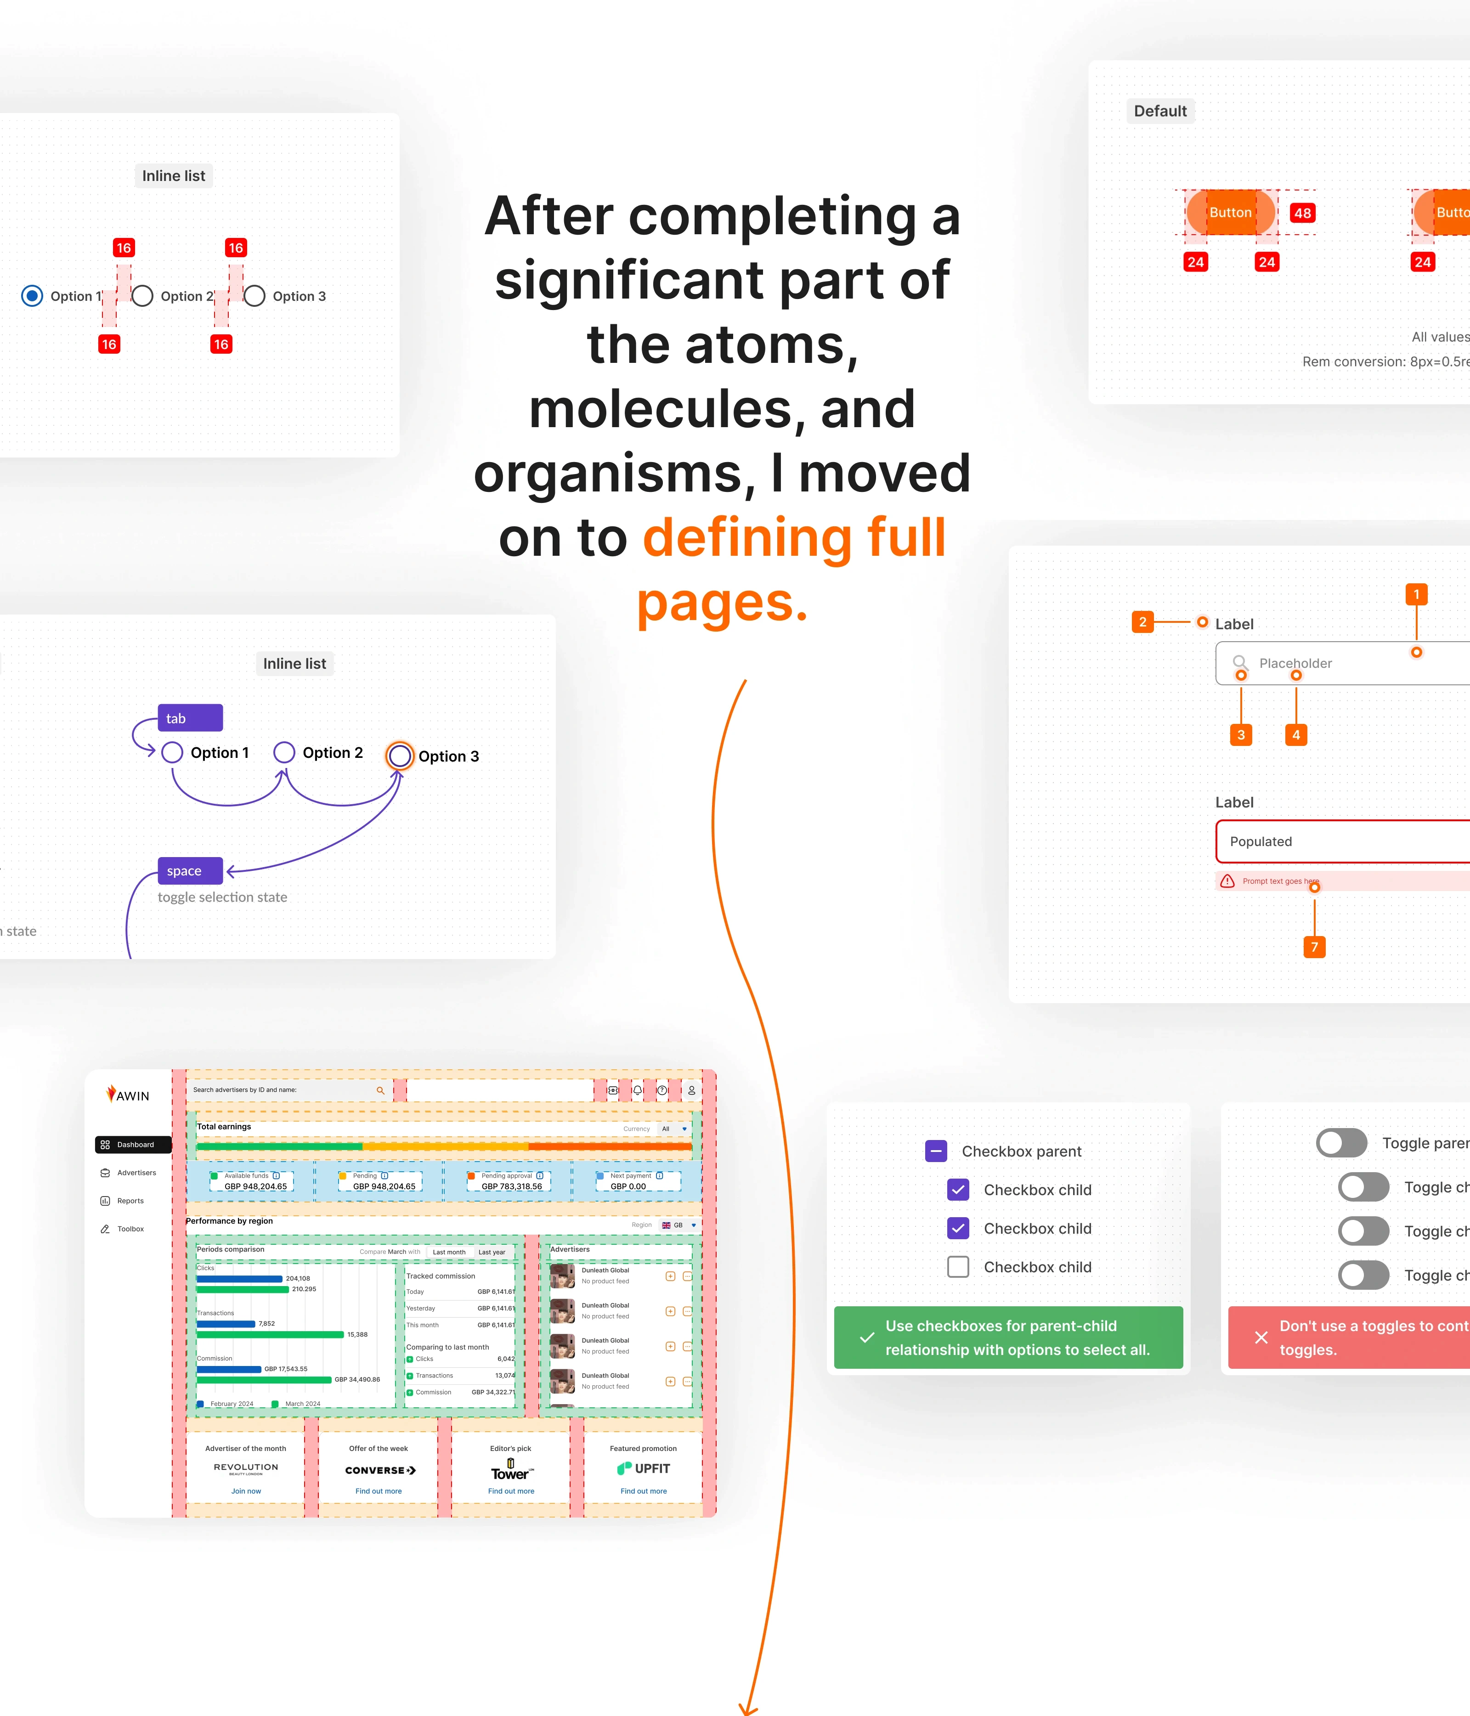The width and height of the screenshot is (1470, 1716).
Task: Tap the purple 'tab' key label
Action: (190, 718)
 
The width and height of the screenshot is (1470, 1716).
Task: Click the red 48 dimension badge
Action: (1302, 213)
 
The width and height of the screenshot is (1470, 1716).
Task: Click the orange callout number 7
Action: (1314, 947)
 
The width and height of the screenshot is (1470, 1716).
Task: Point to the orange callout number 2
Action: (1142, 622)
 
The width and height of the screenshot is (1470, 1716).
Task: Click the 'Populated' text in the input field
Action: (1261, 841)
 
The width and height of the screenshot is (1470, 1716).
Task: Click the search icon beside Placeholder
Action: (1240, 662)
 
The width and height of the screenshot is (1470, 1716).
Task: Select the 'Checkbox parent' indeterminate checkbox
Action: (936, 1151)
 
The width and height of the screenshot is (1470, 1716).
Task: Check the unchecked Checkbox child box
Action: (958, 1267)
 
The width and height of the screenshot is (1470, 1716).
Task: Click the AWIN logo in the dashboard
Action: (128, 1095)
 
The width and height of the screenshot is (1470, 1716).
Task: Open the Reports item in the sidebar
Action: (130, 1201)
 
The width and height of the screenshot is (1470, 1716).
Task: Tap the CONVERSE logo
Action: (380, 1470)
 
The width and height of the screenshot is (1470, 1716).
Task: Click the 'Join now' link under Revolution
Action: (246, 1491)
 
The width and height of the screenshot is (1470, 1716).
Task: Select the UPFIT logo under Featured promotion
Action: (644, 1468)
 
